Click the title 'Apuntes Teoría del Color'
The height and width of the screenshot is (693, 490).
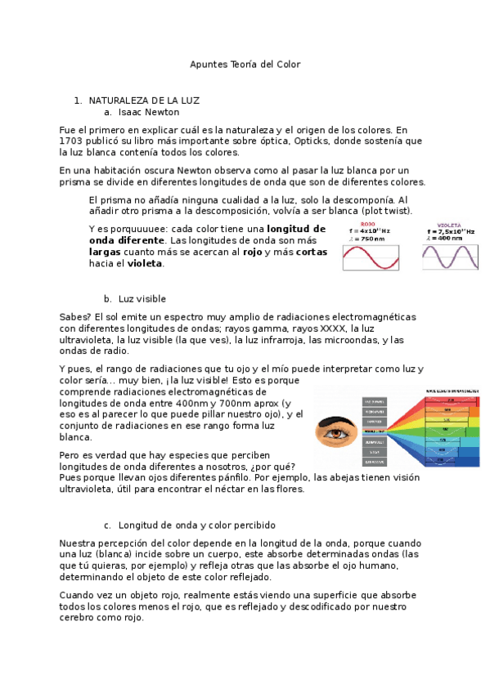click(x=245, y=64)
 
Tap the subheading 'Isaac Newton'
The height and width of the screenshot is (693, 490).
click(x=148, y=112)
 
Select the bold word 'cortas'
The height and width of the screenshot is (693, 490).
click(x=311, y=253)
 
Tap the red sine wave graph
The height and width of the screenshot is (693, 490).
click(x=370, y=257)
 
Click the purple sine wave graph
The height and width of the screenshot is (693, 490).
click(x=450, y=257)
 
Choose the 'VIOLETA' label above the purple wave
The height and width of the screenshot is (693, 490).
click(x=448, y=224)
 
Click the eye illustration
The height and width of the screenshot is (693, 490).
click(x=335, y=429)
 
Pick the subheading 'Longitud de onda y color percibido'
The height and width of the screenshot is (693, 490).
click(x=196, y=525)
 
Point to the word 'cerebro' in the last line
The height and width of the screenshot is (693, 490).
click(x=80, y=618)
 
